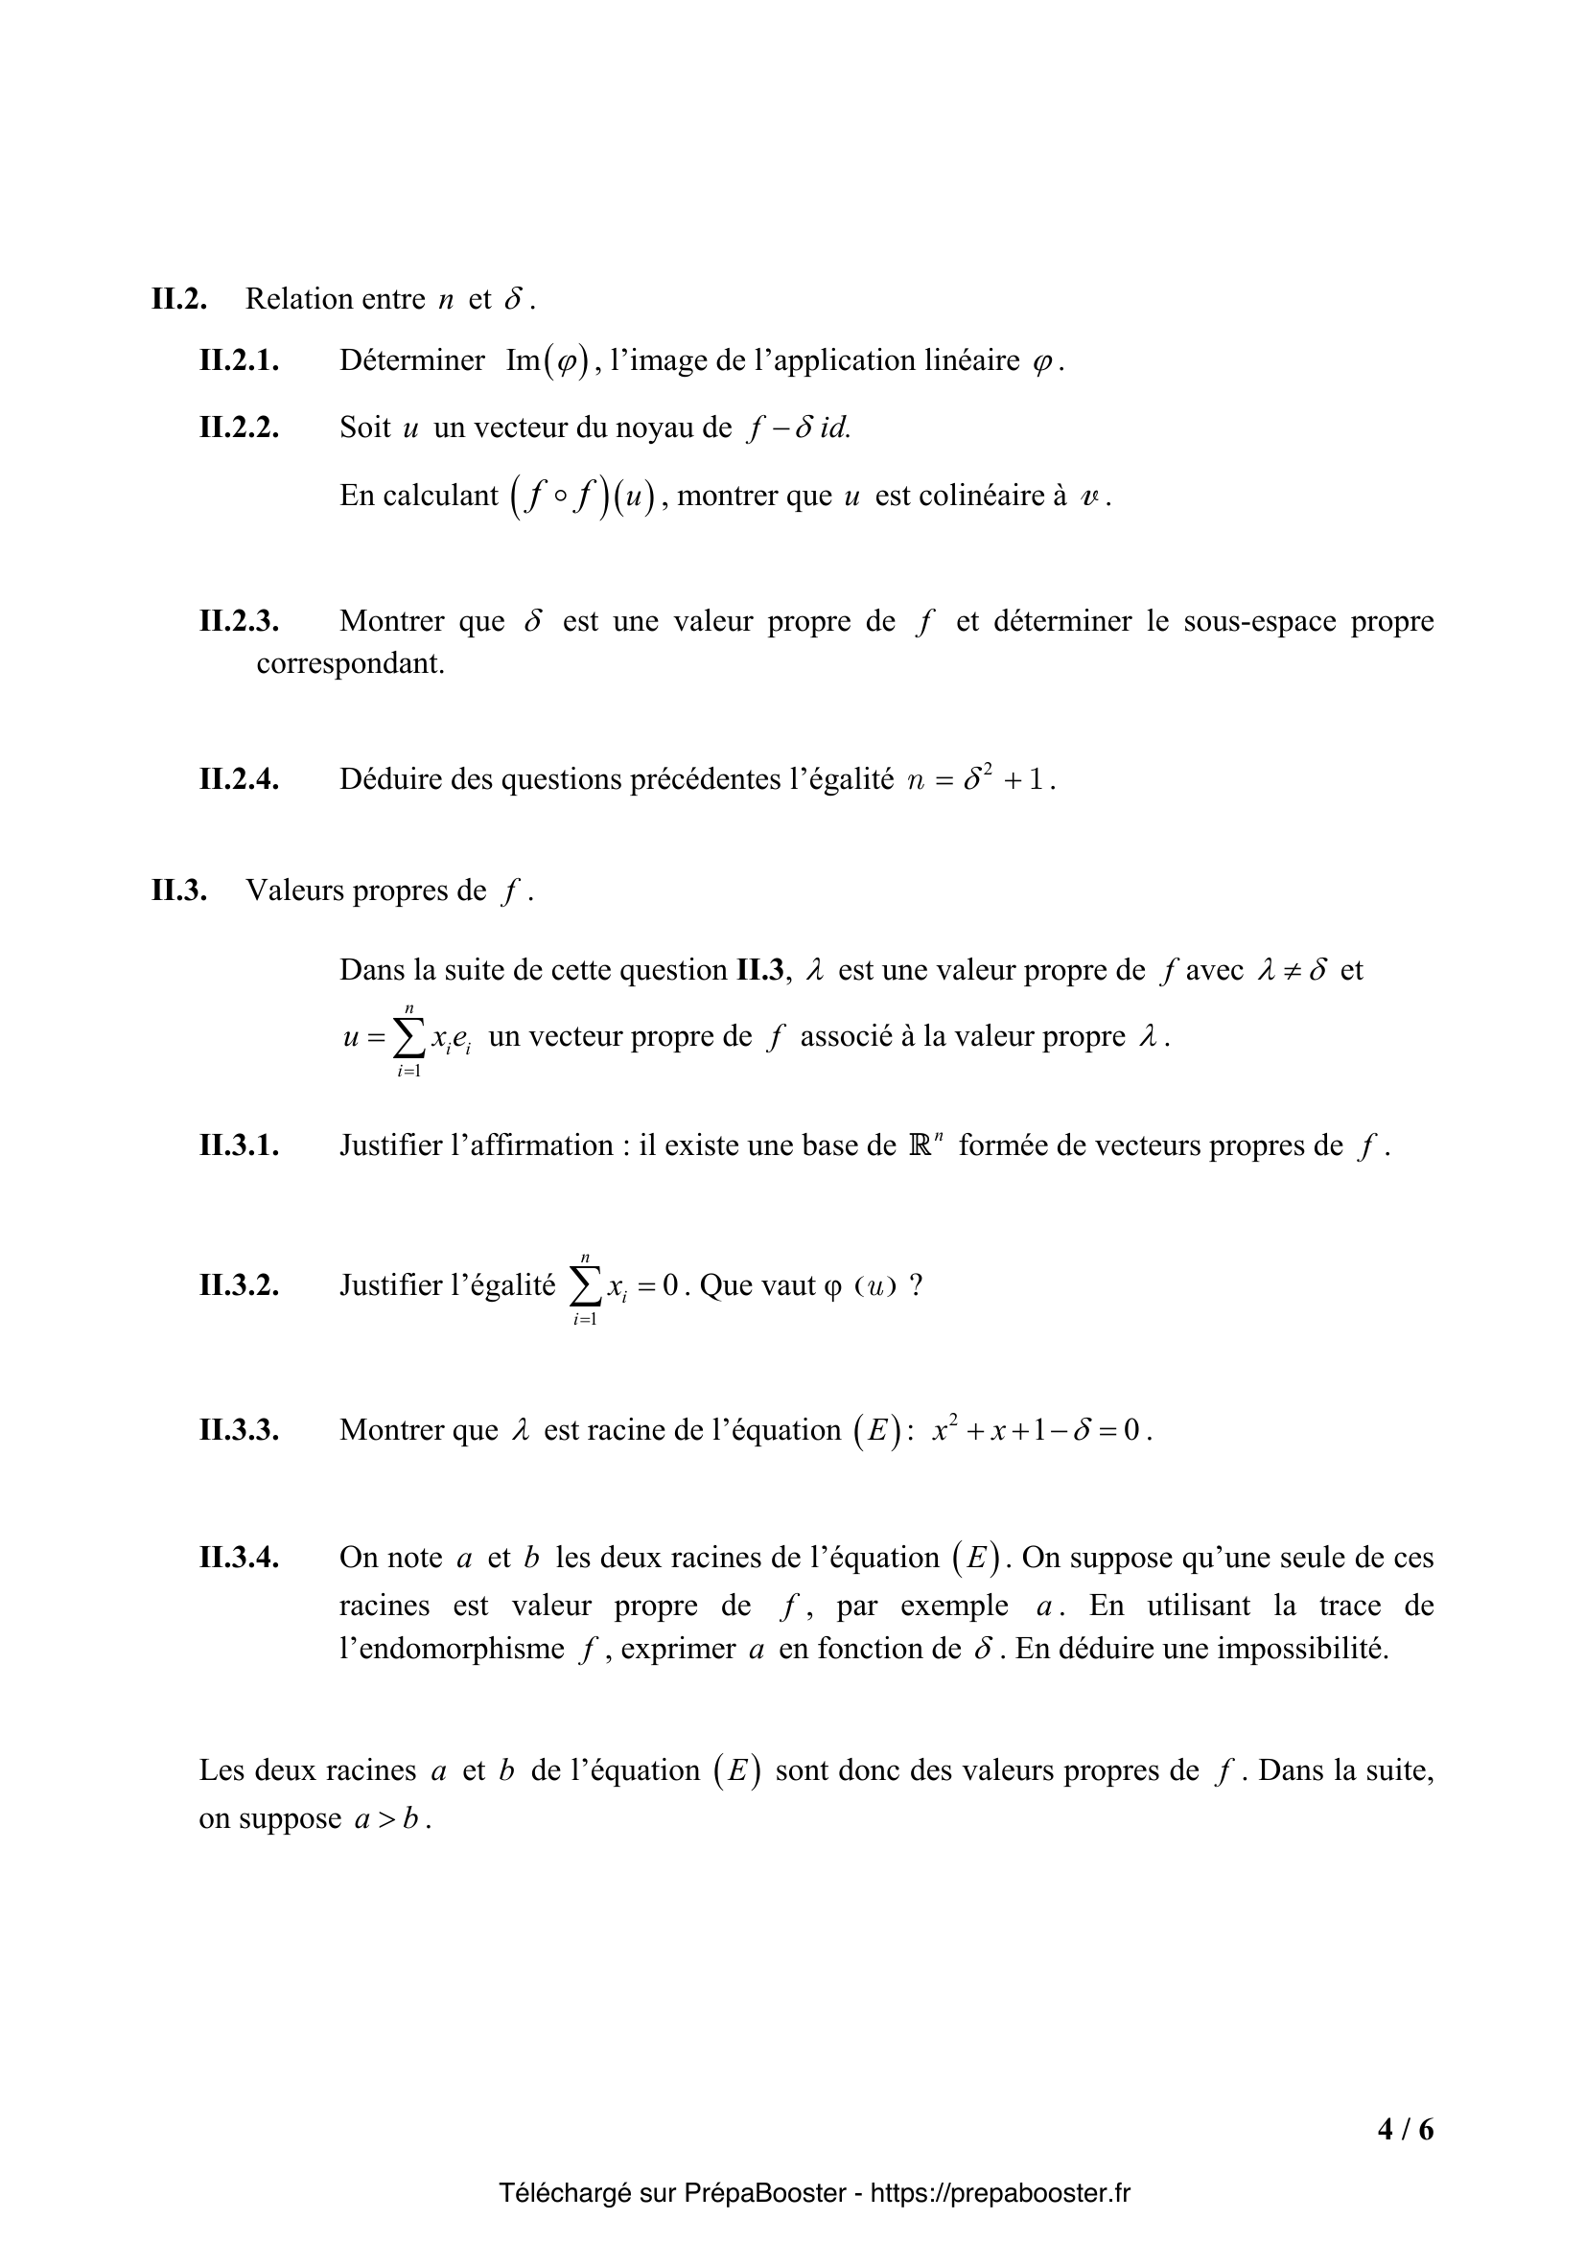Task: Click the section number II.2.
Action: coord(178,299)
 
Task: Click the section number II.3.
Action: coord(178,890)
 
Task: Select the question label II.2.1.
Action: coord(240,361)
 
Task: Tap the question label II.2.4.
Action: coord(240,779)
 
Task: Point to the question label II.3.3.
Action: coord(240,1430)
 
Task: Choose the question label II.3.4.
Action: coord(240,1558)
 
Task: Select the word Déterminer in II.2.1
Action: coord(412,361)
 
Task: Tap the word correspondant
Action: coord(350,664)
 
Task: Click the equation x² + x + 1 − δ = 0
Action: coord(1041,1430)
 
